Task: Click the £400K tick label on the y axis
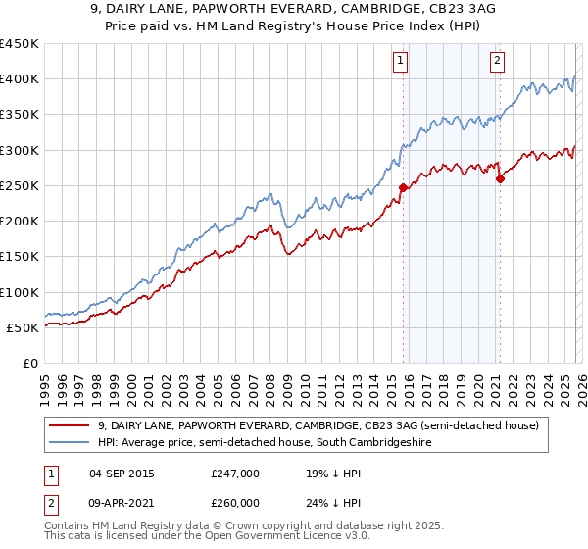[19, 79]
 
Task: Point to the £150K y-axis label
[19, 257]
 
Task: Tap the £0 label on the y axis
[29, 364]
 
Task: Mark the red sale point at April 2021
[500, 178]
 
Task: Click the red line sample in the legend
[70, 426]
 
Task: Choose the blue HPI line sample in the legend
[70, 443]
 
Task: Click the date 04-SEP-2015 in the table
[121, 474]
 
